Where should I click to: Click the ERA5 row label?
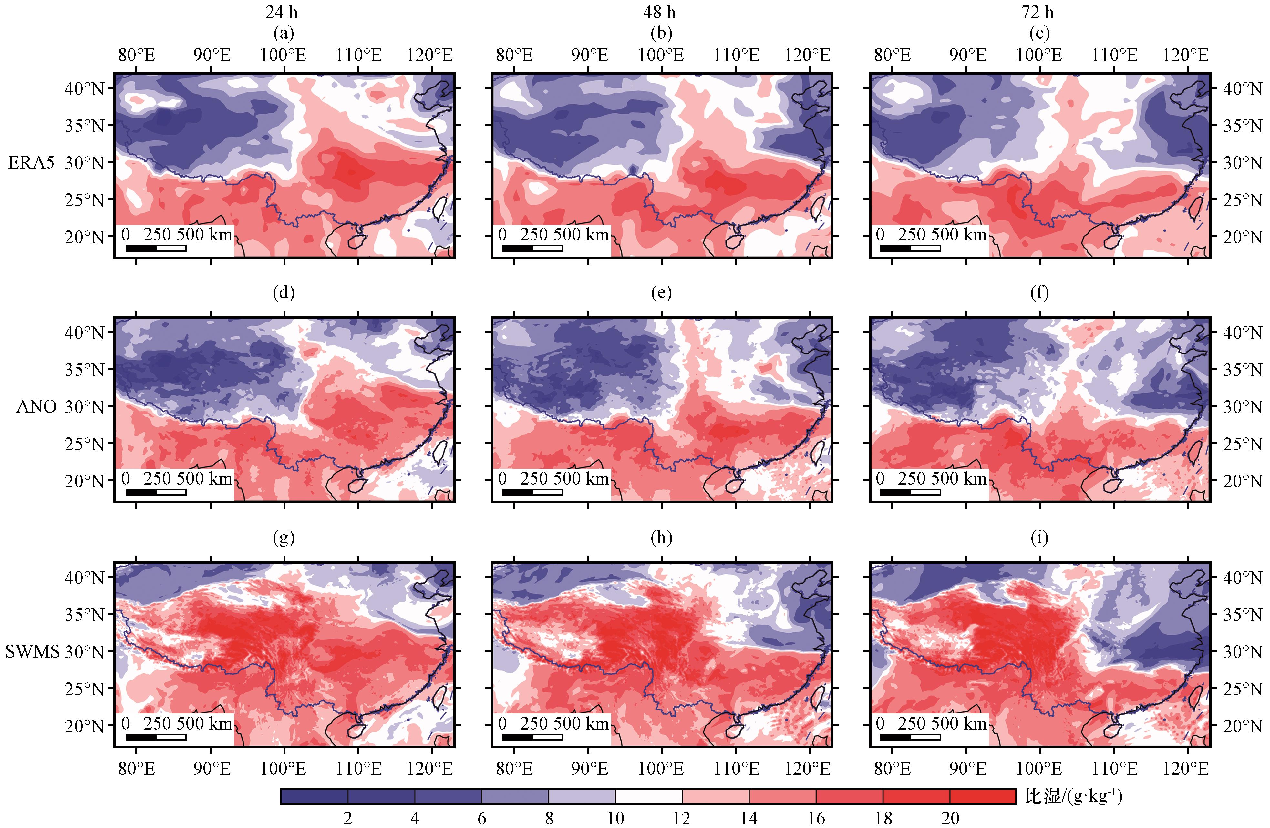click(x=31, y=162)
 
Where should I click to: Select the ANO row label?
click(x=36, y=406)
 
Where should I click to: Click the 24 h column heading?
click(x=282, y=12)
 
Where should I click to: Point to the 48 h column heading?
click(x=660, y=12)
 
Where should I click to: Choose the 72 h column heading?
click(x=1038, y=12)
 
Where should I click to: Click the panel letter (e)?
click(x=661, y=292)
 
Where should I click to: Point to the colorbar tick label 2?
click(x=347, y=818)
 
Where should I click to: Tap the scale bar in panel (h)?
click(x=532, y=737)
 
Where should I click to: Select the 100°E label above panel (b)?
click(x=661, y=55)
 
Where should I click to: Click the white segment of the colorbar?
click(x=648, y=796)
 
